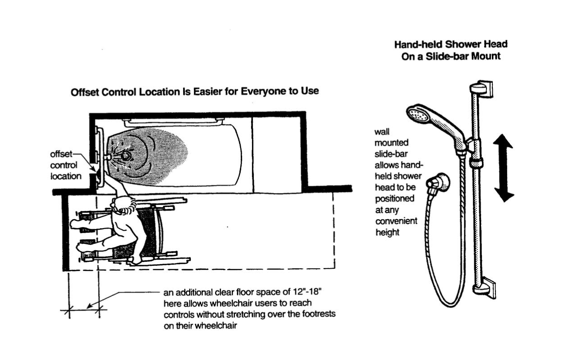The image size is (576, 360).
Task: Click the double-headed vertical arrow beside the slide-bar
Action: click(x=504, y=167)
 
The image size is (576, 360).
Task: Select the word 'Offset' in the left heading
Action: click(x=84, y=92)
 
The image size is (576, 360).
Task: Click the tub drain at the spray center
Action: click(x=126, y=156)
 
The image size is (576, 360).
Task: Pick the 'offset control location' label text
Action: click(x=65, y=165)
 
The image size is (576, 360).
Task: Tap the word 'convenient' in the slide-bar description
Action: click(x=396, y=221)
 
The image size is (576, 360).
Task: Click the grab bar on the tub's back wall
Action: click(x=174, y=120)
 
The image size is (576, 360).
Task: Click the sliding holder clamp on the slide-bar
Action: click(x=476, y=162)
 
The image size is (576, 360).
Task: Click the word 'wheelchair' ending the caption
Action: click(x=216, y=325)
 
